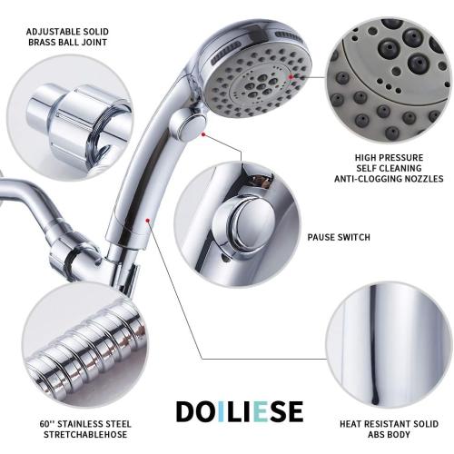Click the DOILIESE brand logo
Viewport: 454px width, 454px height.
239,410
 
